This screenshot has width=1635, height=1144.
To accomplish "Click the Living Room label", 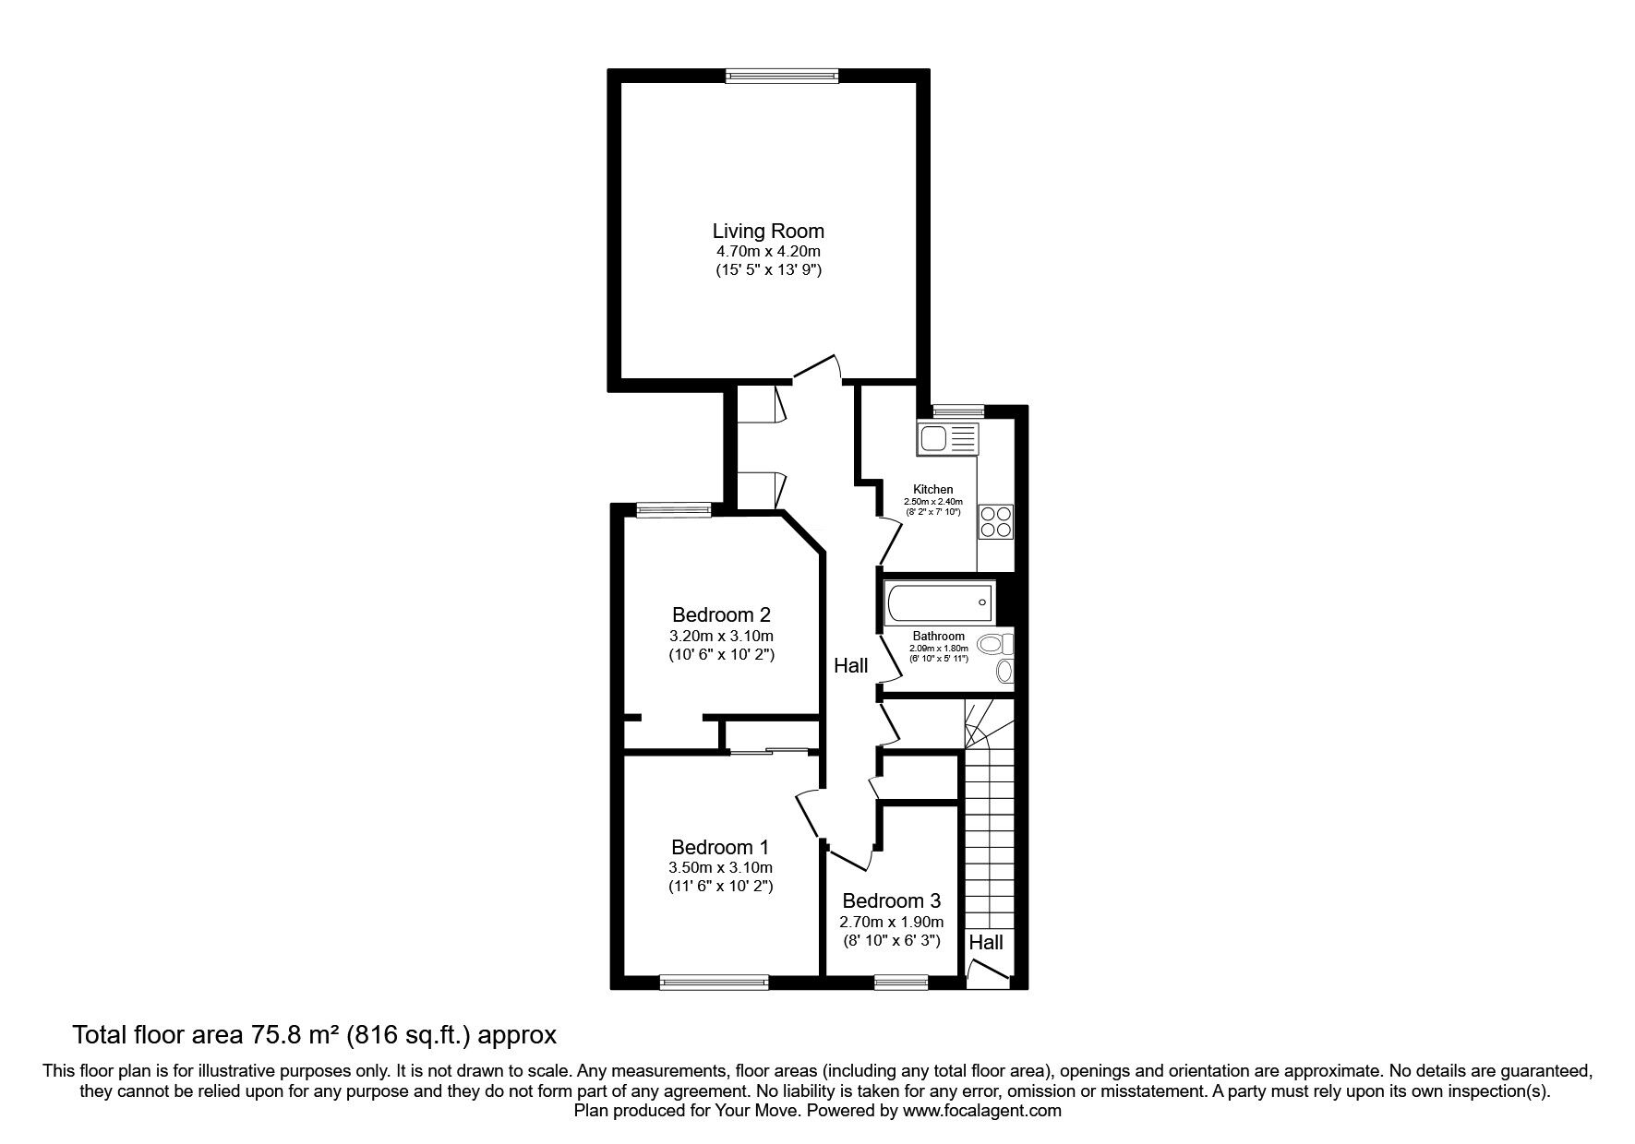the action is [768, 231].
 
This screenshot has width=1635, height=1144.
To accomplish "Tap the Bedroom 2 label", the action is [721, 614].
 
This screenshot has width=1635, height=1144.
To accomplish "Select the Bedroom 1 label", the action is [720, 847].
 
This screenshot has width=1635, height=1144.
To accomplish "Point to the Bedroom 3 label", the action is [891, 900].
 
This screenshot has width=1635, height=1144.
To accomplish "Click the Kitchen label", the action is [933, 490].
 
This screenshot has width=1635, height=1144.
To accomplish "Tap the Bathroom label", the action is [939, 637].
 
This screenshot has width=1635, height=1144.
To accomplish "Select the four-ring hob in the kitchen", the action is [996, 522].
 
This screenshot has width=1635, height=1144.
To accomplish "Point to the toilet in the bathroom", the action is [997, 643].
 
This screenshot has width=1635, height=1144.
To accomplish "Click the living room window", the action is [782, 77].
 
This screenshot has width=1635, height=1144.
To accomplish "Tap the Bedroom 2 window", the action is [674, 508].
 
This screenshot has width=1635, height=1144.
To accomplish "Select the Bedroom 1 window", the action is [715, 984].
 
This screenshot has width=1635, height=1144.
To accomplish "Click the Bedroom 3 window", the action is [901, 984].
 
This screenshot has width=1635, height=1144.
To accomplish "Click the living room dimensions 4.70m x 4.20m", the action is [768, 251].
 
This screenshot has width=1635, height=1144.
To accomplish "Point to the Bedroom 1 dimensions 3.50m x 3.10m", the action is [720, 867].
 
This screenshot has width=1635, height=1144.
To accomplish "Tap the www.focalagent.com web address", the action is [982, 1111].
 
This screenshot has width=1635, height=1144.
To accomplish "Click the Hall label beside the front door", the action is [986, 943].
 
